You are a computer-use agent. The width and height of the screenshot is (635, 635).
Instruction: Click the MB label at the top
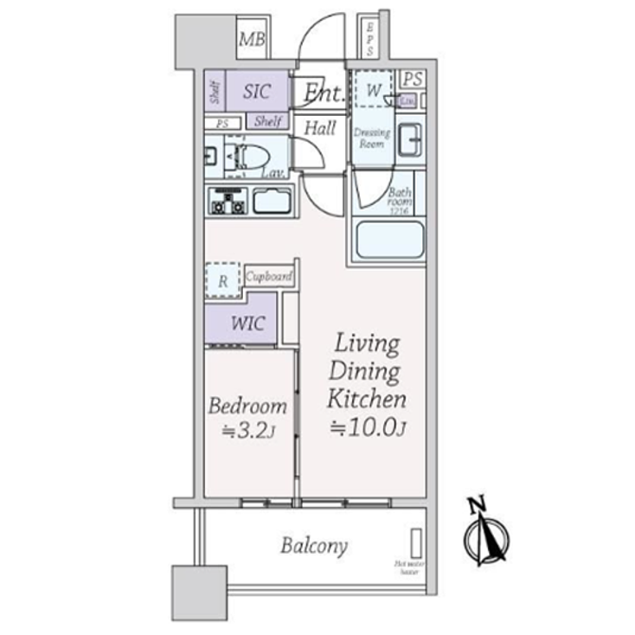click(x=253, y=40)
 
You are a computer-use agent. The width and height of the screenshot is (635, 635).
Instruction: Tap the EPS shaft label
click(x=370, y=39)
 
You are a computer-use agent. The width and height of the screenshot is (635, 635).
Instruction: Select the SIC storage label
click(x=257, y=92)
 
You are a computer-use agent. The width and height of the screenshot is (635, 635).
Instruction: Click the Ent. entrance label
click(x=321, y=91)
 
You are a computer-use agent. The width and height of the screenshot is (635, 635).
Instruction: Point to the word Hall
click(x=320, y=128)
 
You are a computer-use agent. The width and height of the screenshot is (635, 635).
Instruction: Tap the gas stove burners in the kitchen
click(x=228, y=202)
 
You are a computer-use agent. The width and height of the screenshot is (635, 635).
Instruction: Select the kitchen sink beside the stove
click(x=273, y=202)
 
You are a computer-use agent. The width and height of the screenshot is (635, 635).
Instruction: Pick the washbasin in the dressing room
click(x=409, y=140)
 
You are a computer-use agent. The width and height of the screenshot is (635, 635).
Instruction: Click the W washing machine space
click(x=373, y=90)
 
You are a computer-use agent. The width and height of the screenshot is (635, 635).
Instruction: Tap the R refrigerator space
click(x=223, y=281)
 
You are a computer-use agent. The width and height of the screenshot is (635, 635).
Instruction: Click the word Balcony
click(x=313, y=547)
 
